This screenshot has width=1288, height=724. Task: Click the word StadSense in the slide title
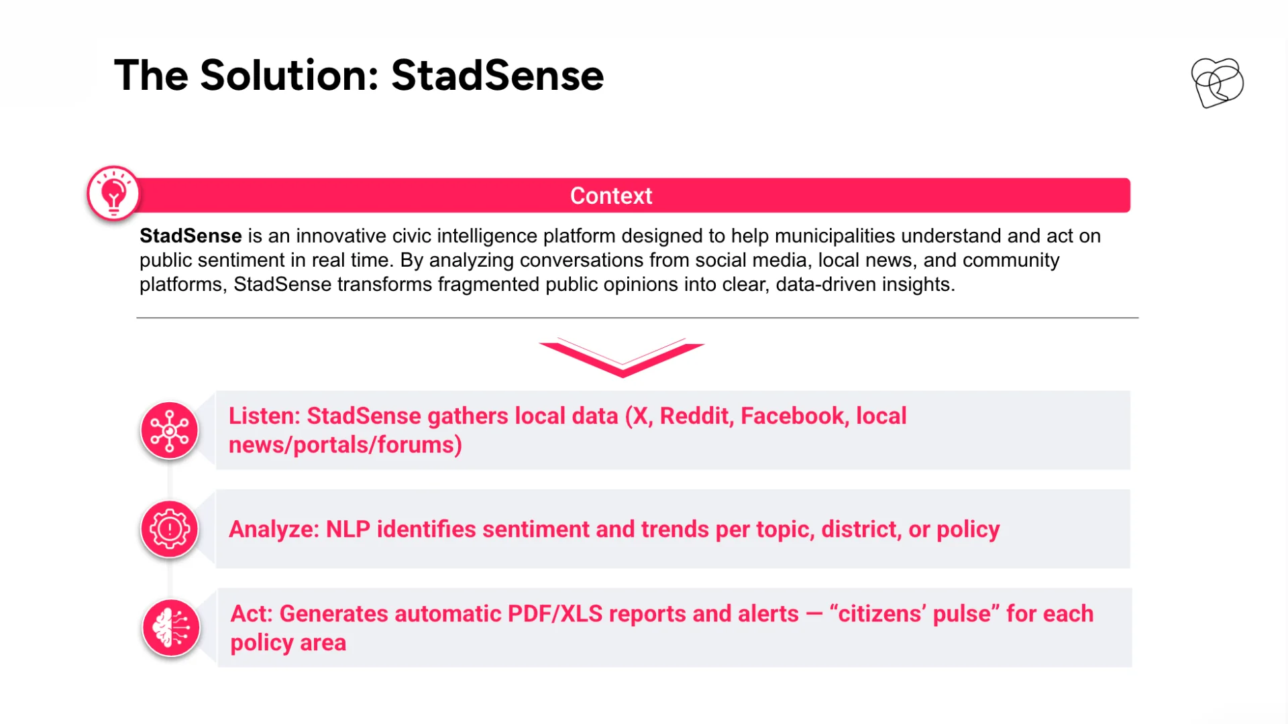[x=497, y=75]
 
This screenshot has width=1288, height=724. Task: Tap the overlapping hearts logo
[x=1217, y=82]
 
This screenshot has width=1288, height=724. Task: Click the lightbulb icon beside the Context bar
[x=113, y=193]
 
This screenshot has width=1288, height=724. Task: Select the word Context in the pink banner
[x=611, y=196]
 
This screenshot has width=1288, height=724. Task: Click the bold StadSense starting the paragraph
[x=191, y=236]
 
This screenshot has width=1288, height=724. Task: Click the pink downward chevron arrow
[x=622, y=357]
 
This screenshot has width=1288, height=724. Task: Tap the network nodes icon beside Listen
[x=170, y=430]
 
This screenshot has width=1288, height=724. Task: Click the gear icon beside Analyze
[x=170, y=530]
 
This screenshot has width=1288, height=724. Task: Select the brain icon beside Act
[x=171, y=628]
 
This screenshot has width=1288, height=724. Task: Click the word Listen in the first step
[x=264, y=416]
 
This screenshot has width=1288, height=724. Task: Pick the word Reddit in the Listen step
[x=697, y=416]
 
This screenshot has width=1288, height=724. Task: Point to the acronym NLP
[x=348, y=530]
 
